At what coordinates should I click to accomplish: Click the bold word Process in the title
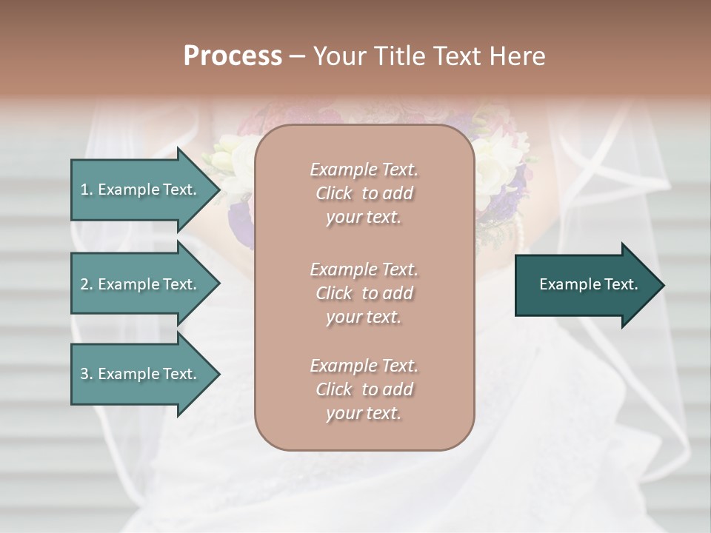tap(233, 56)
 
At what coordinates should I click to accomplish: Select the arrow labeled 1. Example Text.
tap(141, 190)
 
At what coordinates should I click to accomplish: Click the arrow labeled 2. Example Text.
tap(141, 284)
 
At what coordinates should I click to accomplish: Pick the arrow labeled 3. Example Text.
tap(141, 374)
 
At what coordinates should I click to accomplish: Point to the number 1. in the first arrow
tap(87, 190)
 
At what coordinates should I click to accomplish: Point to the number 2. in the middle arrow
tap(87, 284)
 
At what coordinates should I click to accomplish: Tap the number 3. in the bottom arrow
tap(87, 374)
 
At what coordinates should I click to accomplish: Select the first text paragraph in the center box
tap(364, 193)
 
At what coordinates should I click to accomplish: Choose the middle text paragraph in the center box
tap(364, 293)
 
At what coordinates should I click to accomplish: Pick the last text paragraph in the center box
tap(364, 389)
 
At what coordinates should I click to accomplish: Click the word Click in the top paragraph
tap(334, 193)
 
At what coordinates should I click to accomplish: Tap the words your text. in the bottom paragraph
tap(364, 413)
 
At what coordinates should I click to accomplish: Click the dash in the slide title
tap(297, 56)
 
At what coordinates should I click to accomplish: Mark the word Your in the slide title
tap(338, 56)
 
